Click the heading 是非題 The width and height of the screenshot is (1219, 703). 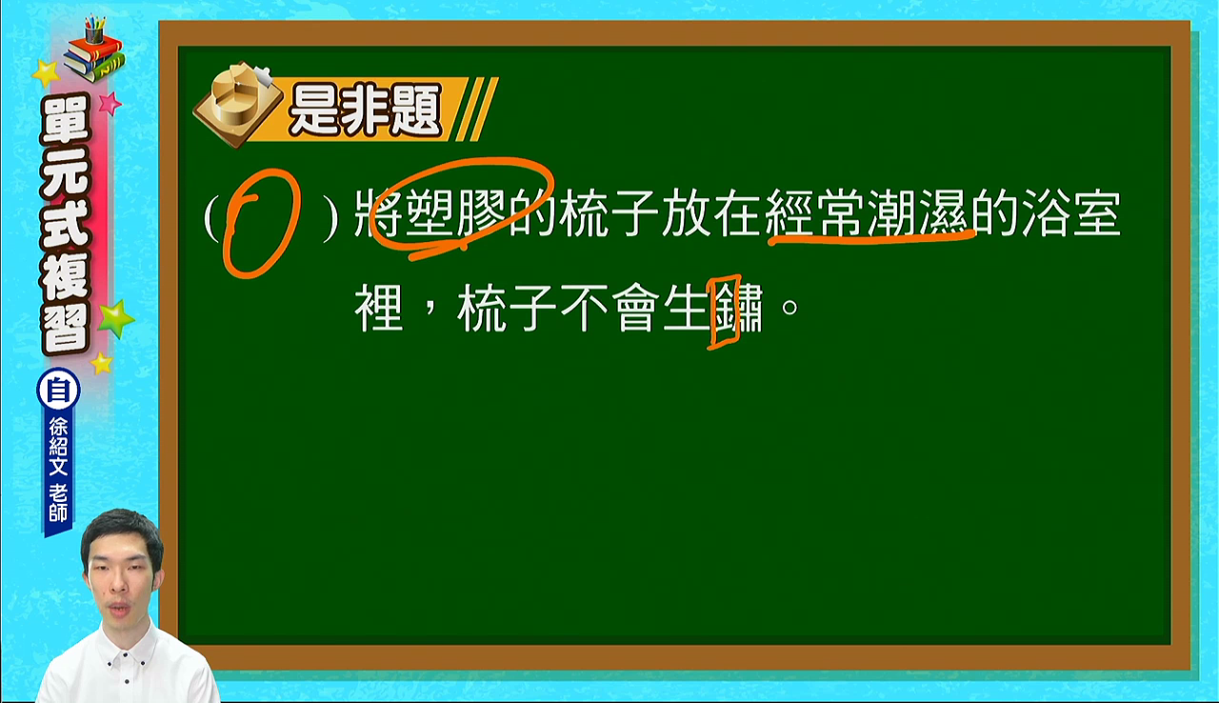point(365,110)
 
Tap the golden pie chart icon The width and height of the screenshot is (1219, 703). point(238,104)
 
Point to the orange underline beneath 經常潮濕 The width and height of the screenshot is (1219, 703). point(870,239)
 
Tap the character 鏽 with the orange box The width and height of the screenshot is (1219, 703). point(738,308)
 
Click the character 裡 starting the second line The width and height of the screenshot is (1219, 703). point(379,308)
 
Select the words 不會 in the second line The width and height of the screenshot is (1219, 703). point(609,308)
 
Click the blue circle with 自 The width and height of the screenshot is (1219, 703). point(58,391)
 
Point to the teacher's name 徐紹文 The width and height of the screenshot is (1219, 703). point(58,446)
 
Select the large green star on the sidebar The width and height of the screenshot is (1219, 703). point(114,318)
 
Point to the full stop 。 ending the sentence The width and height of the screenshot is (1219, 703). point(789,308)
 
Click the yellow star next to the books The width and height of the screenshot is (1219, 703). point(47,74)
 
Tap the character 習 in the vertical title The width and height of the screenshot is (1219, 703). point(66,327)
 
